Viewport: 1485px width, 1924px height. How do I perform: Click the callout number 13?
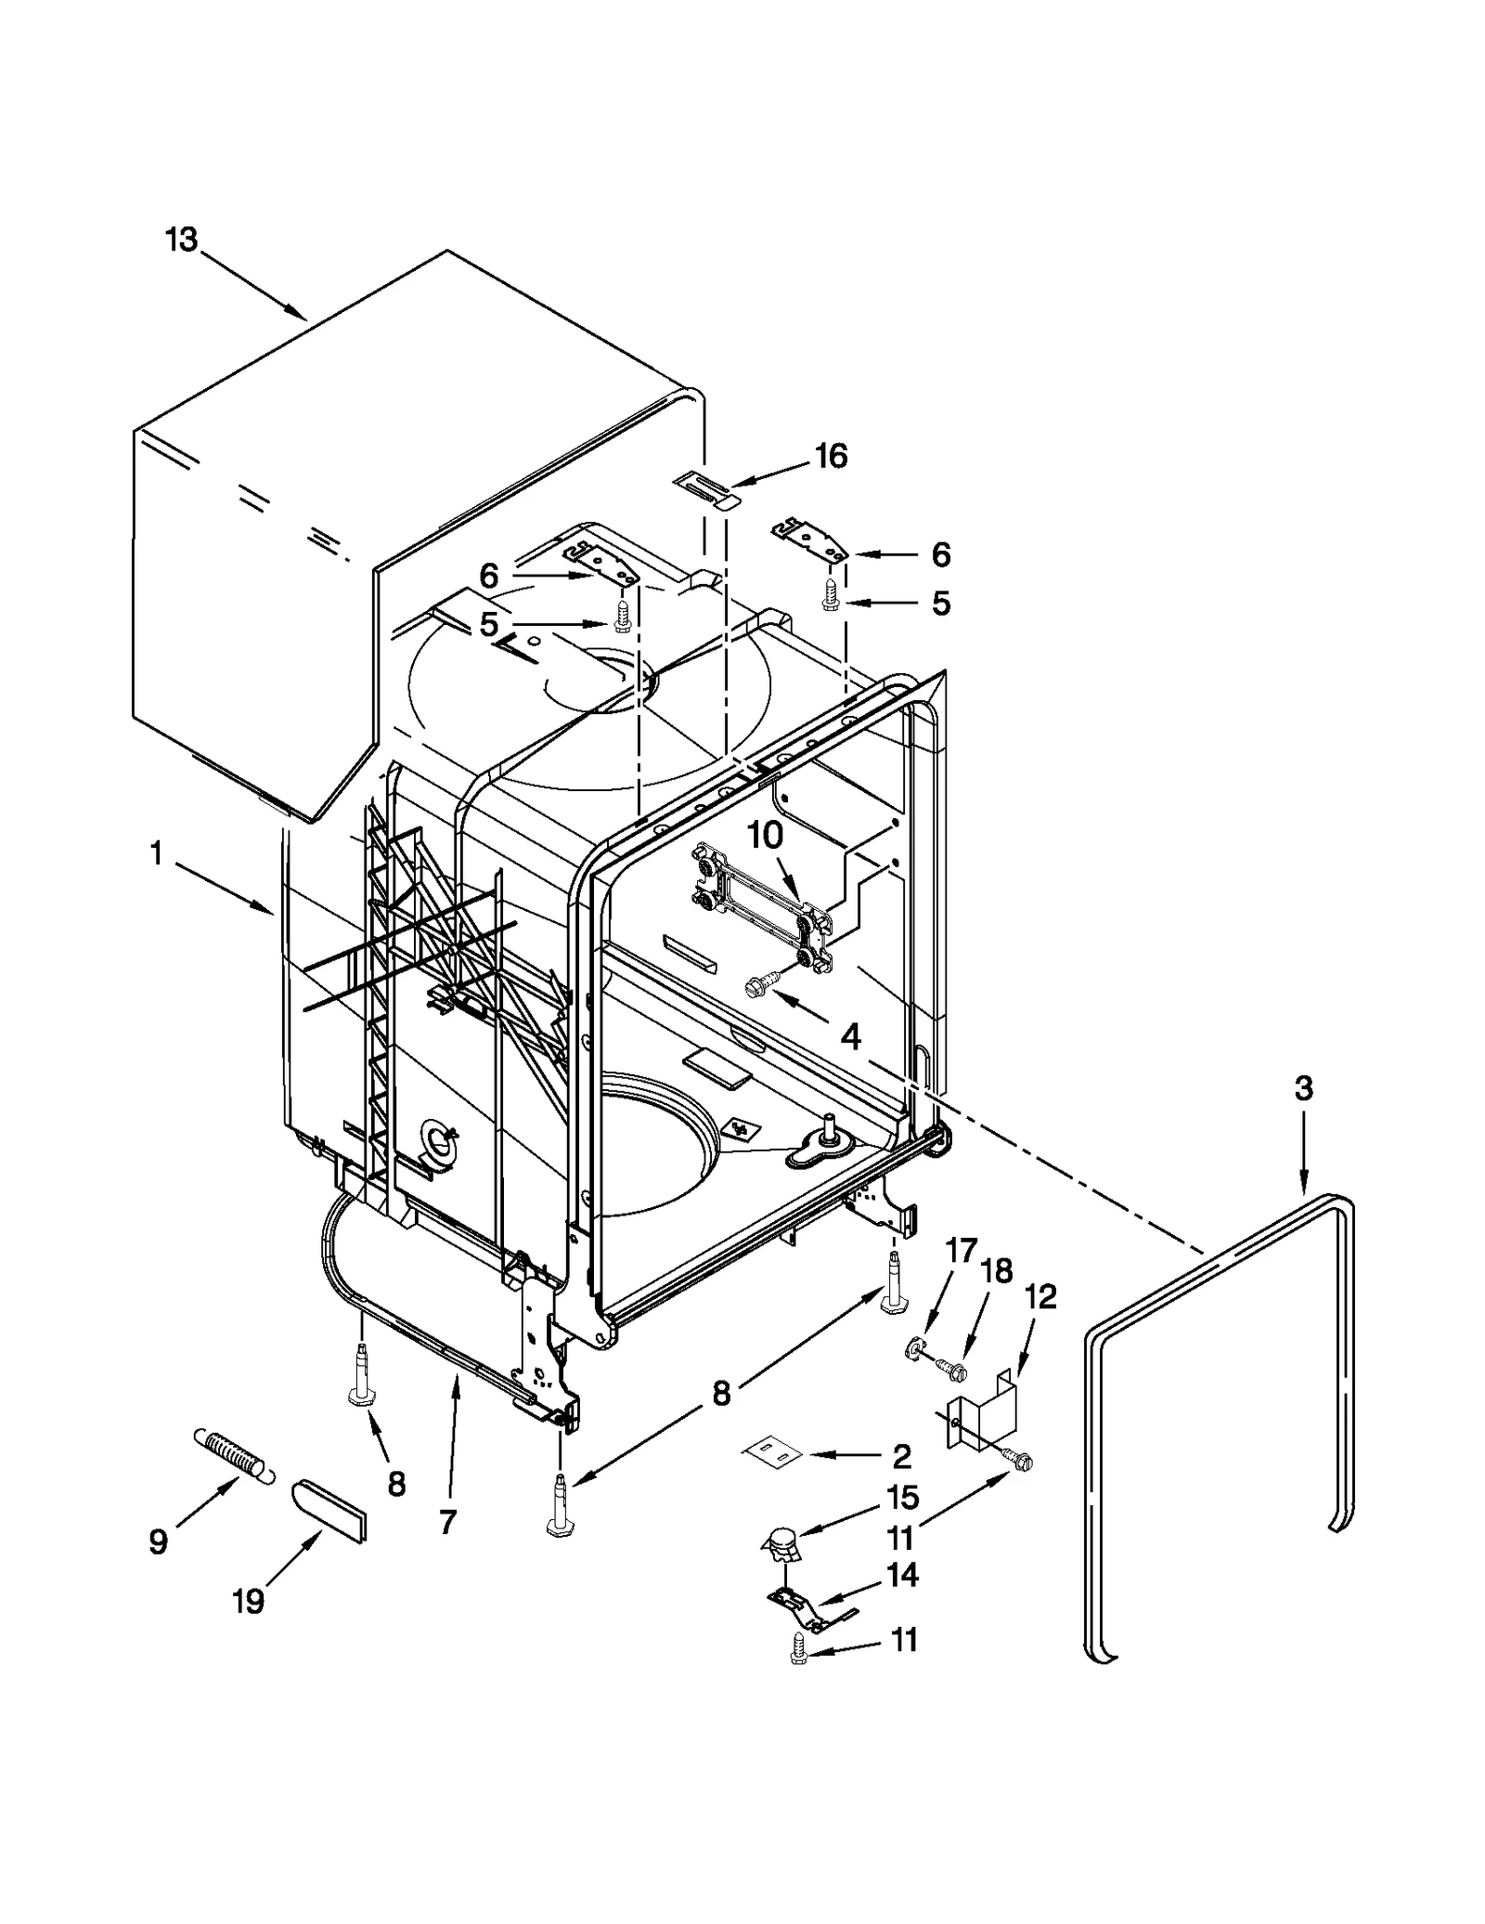click(182, 240)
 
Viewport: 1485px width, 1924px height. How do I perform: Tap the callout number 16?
click(831, 456)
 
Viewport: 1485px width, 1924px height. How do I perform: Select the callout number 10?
click(766, 836)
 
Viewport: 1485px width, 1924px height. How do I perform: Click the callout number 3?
click(1304, 1088)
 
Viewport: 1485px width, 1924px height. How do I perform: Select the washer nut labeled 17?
click(913, 1349)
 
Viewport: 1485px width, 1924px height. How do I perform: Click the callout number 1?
click(156, 853)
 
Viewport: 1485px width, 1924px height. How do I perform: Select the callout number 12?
click(1040, 1297)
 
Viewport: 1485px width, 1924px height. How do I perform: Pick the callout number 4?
click(850, 1036)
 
